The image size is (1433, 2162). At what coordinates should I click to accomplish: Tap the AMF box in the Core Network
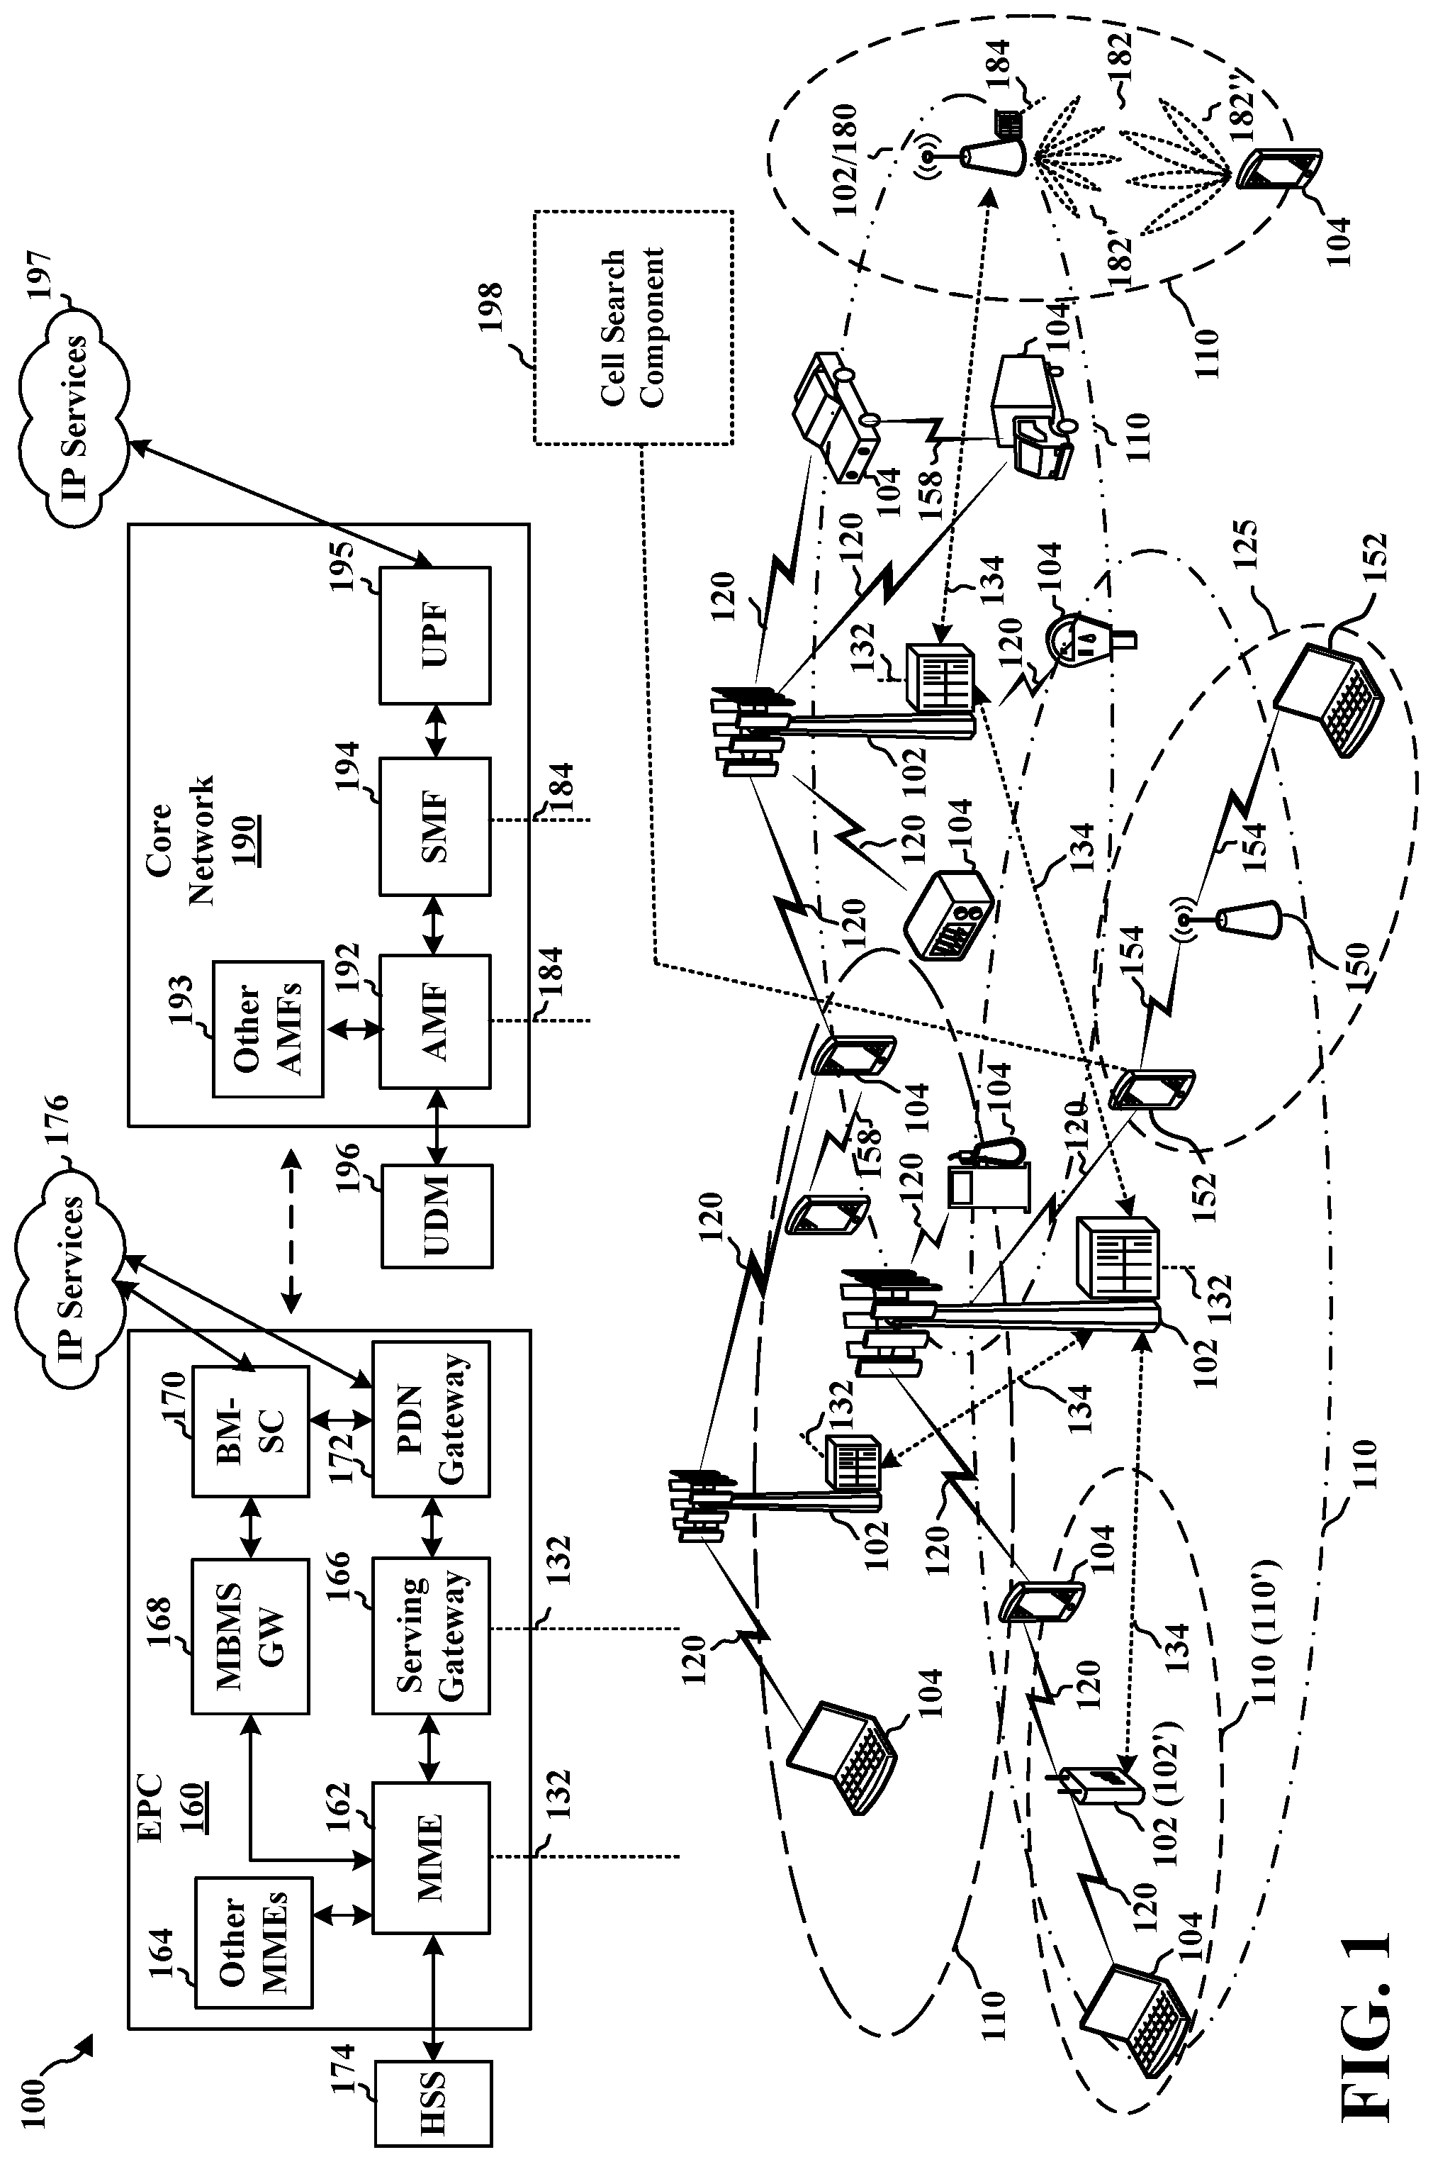click(435, 1021)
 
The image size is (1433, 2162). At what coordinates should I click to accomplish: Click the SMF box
click(435, 825)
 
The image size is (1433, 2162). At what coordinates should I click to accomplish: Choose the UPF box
click(435, 635)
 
